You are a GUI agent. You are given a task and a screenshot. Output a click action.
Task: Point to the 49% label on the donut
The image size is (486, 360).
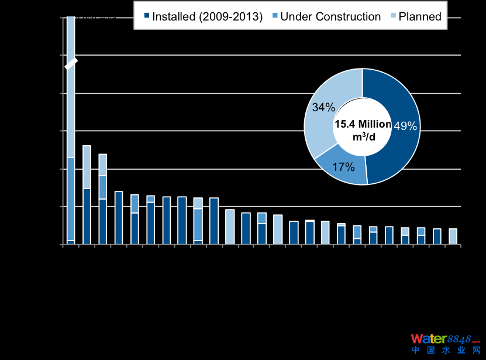405,126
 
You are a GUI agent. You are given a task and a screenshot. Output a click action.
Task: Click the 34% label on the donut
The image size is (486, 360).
323,108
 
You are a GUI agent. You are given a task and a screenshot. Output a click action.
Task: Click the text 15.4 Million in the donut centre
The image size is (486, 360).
362,124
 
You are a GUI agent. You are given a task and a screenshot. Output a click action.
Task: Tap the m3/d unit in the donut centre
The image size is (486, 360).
363,136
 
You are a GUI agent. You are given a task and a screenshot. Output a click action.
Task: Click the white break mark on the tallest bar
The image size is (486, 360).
71,64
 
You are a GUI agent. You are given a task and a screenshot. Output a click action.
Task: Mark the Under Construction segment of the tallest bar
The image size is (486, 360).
71,199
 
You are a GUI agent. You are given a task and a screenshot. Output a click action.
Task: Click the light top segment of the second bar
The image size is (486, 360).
87,167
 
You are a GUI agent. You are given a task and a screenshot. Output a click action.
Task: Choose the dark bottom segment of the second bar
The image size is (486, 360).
87,216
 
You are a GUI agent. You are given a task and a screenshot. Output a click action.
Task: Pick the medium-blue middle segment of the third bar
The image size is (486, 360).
102,187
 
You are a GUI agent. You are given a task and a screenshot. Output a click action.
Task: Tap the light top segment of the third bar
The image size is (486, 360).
102,164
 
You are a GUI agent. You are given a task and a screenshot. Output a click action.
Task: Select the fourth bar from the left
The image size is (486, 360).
119,218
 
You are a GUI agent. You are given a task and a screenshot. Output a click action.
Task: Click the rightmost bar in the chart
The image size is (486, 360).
453,236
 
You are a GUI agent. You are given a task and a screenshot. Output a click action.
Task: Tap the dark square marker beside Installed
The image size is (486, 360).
146,17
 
